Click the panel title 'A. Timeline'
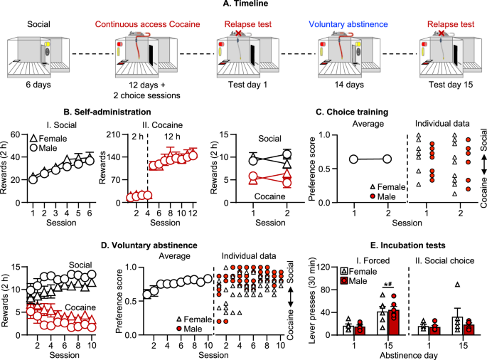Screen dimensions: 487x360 point(245,4)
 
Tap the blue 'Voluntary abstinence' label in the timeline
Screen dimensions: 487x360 point(348,24)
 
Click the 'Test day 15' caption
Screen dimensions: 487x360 point(451,85)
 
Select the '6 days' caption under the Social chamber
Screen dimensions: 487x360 point(38,85)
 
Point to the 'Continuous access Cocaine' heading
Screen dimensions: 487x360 point(148,24)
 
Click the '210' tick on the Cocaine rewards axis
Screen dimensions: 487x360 point(114,134)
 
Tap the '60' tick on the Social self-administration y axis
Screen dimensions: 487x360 point(15,134)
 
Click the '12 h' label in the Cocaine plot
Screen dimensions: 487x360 point(172,137)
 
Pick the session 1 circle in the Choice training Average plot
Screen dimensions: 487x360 point(353,159)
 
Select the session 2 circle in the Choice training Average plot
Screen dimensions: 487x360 point(387,159)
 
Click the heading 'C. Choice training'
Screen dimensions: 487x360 point(352,112)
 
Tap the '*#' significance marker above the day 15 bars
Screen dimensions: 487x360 point(389,284)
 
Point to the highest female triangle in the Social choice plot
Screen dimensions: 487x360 point(457,284)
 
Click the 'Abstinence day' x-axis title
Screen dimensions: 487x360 point(409,355)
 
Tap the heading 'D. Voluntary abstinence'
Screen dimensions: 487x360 point(149,245)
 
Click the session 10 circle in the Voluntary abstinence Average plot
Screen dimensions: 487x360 point(208,279)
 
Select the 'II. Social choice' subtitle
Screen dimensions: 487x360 point(445,260)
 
